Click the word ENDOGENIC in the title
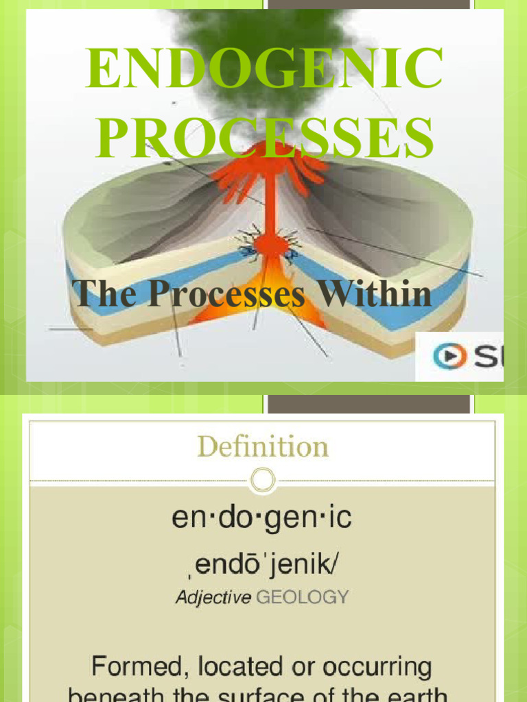tap(264, 69)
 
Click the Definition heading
tap(263, 447)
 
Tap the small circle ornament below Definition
tap(263, 480)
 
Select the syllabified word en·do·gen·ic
tap(261, 519)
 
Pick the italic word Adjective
tap(213, 598)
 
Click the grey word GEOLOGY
tap(302, 598)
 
